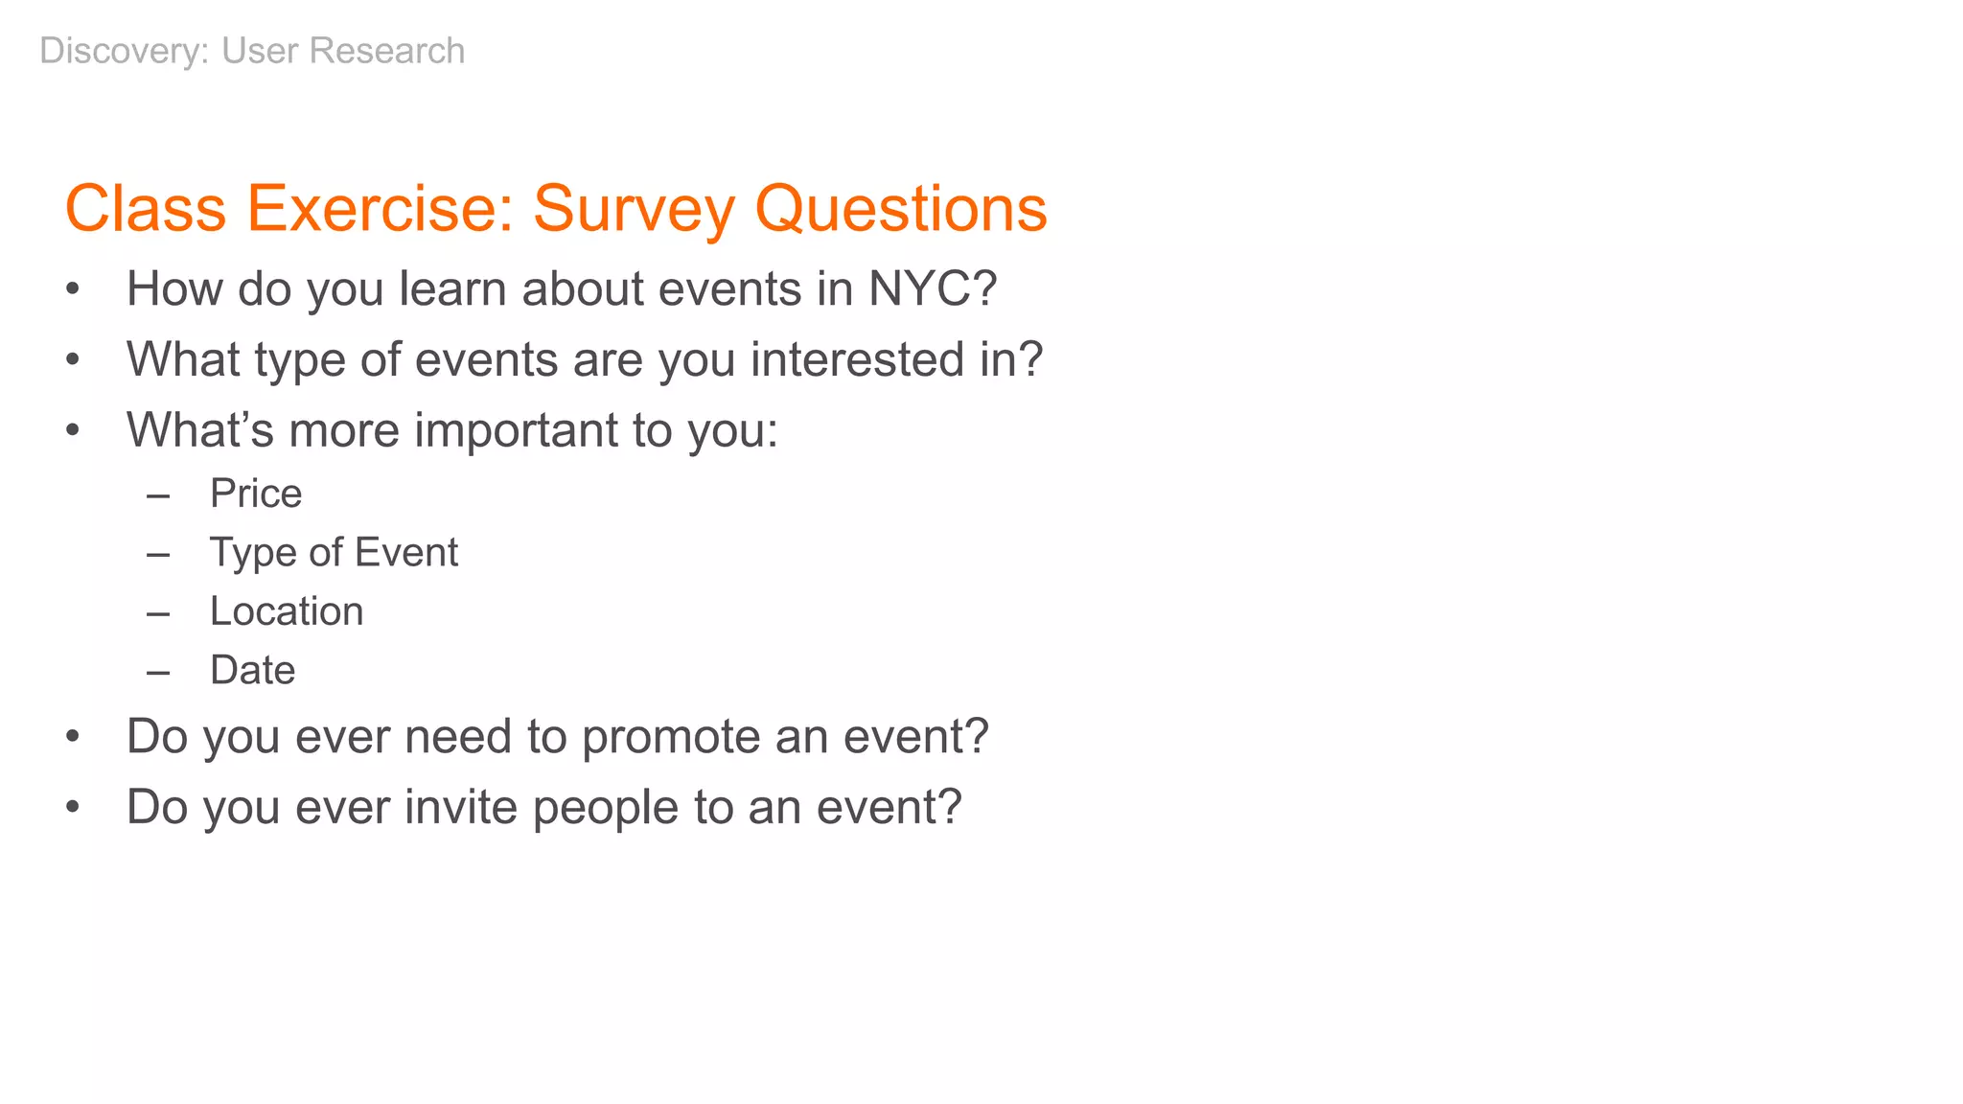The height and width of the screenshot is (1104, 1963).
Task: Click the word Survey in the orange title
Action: coord(634,209)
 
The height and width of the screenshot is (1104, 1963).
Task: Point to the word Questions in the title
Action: coord(901,209)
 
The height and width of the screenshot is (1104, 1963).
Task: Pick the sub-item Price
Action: coord(256,494)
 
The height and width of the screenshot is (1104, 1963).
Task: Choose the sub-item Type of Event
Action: coord(334,553)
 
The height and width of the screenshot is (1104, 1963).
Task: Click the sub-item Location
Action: coord(287,611)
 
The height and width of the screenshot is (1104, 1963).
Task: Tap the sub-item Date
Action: coord(252,670)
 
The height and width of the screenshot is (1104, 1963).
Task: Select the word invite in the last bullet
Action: coord(460,807)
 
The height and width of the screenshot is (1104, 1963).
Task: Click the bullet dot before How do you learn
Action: coord(73,288)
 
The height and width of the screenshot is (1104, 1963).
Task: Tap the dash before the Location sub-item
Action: coord(158,613)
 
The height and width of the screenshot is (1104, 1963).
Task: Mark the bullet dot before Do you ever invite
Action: coord(73,807)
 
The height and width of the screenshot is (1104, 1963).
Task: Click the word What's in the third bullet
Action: coord(200,430)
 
